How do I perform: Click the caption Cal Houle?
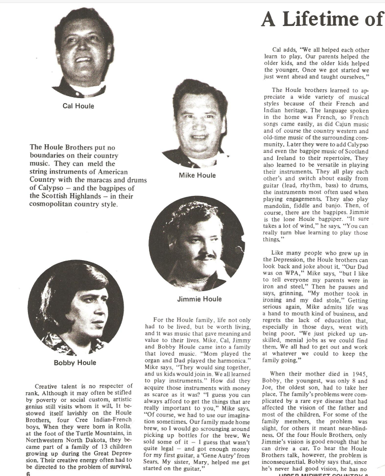pyautogui.click(x=78, y=106)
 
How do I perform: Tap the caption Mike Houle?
pyautogui.click(x=197, y=175)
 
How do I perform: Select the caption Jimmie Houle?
pyautogui.click(x=199, y=299)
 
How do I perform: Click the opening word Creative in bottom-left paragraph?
pyautogui.click(x=51, y=387)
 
